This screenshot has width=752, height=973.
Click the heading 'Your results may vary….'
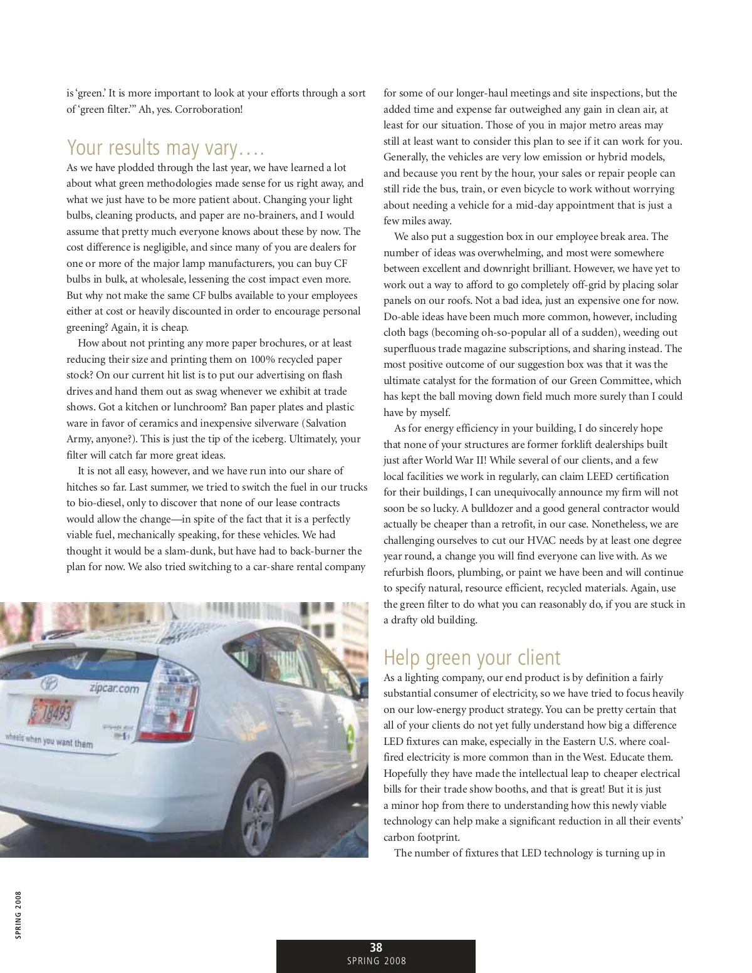pos(166,148)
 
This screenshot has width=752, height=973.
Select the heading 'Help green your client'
pos(472,658)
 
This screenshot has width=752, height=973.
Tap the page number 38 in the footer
pos(376,948)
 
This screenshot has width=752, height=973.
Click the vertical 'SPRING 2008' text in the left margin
pos(19,915)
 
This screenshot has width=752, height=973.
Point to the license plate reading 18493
pos(53,712)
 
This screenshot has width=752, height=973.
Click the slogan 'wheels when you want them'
pos(49,741)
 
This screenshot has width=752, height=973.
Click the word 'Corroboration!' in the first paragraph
pos(209,109)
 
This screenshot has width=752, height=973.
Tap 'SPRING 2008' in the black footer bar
pos(376,961)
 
